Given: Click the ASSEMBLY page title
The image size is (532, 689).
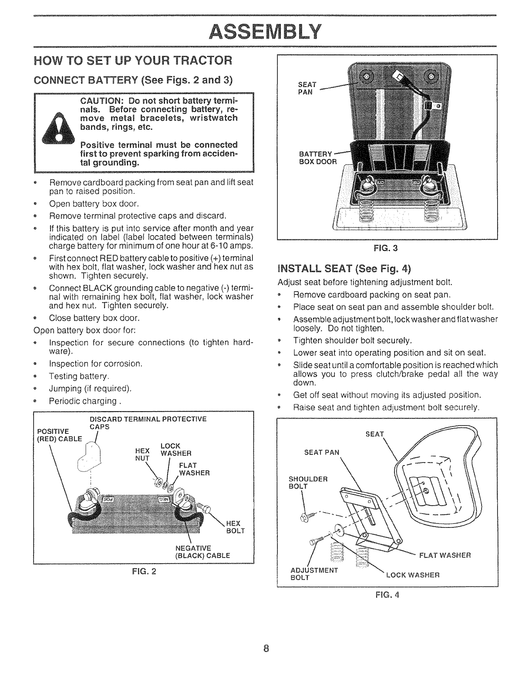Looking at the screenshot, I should [265, 30].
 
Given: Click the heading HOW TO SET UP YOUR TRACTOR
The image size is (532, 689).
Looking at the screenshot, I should [132, 60].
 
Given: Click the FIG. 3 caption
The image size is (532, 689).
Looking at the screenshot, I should [387, 249].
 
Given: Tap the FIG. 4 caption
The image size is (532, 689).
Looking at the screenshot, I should [387, 595].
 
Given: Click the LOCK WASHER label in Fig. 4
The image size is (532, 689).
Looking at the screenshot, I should [412, 574].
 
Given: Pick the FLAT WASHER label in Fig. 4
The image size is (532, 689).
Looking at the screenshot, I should [444, 555].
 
